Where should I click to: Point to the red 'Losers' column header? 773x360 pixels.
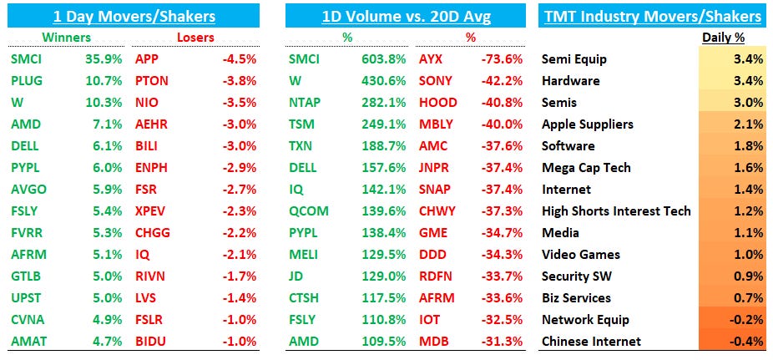195,38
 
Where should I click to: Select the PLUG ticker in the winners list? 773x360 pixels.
27,81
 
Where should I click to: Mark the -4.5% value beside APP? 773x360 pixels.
239,59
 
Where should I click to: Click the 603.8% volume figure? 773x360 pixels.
380,59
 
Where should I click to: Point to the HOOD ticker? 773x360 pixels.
437,103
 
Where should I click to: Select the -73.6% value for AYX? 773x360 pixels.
504,59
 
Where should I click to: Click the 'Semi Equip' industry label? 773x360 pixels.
574,59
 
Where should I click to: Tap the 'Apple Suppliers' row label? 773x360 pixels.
588,124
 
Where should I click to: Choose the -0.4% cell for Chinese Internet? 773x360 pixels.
745,342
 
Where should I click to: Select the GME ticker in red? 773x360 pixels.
433,233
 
